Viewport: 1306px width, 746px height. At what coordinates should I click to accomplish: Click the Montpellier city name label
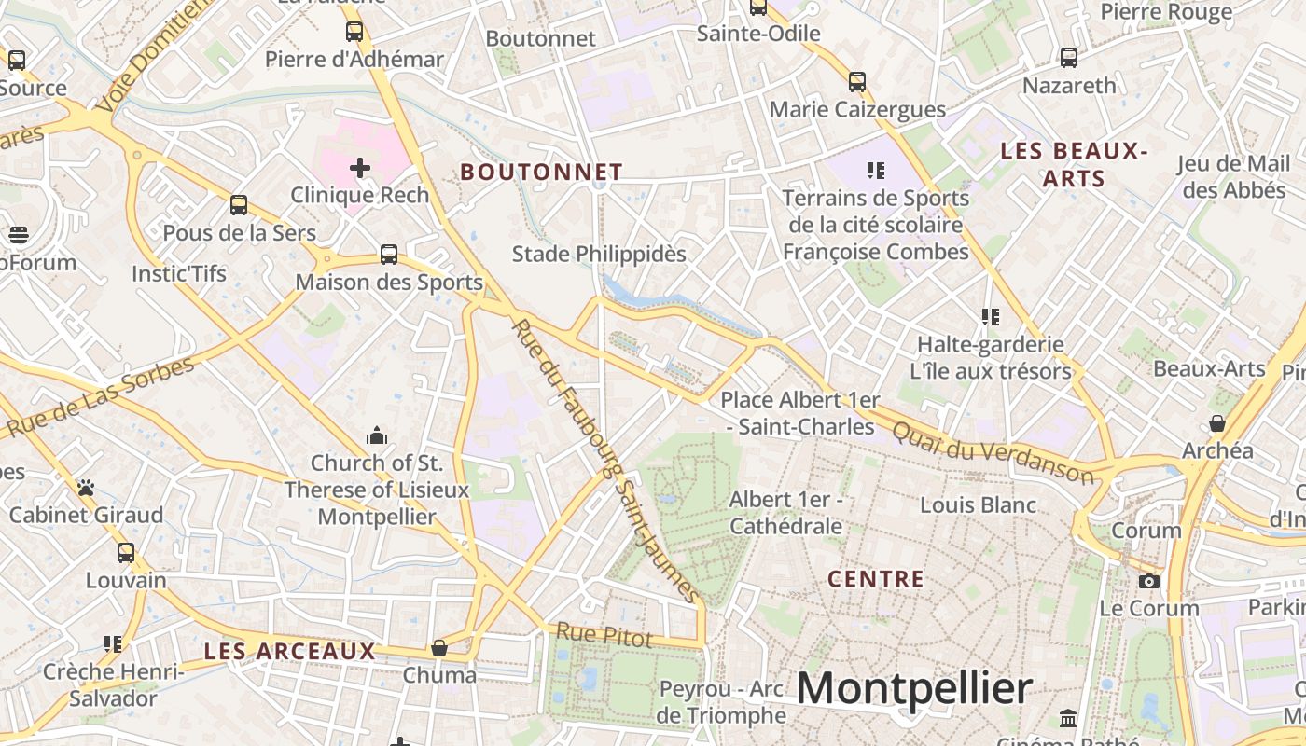(914, 689)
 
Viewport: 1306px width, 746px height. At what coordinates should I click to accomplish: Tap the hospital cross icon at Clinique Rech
(359, 168)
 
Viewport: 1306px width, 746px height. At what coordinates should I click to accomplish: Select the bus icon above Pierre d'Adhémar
(354, 32)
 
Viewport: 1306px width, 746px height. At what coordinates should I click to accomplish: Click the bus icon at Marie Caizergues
(857, 82)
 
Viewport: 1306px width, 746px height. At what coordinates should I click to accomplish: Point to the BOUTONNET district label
(541, 172)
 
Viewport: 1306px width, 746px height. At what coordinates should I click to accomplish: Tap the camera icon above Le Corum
(1148, 582)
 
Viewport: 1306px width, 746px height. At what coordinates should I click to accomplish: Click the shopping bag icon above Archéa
(1217, 423)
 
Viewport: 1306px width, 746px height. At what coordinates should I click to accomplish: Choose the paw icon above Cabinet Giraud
(86, 488)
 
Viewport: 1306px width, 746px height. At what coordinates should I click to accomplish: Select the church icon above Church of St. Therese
(377, 435)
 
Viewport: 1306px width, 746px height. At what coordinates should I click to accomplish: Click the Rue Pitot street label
(604, 635)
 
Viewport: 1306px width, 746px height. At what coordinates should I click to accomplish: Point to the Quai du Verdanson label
(993, 452)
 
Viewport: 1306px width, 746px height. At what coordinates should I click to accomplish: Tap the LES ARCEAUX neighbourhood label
(289, 651)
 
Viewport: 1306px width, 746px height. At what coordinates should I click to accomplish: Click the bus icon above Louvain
(126, 553)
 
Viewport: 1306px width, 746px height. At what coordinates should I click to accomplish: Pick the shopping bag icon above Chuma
(439, 647)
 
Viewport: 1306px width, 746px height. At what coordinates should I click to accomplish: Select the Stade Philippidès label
(599, 254)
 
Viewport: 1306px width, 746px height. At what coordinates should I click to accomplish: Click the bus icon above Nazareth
(1069, 58)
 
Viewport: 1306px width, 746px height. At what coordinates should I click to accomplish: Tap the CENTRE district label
(876, 579)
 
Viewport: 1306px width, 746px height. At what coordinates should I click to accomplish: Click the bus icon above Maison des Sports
(389, 255)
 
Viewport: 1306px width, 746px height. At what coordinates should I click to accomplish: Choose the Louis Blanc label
(978, 505)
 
